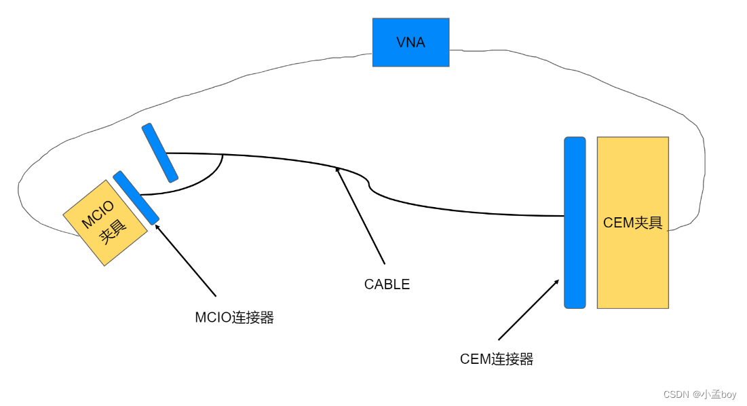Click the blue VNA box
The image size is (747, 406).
(x=410, y=42)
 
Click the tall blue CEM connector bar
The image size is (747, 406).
(x=574, y=223)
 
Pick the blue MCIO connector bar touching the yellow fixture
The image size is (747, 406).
(x=136, y=198)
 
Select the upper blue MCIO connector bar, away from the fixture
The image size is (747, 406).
(x=160, y=153)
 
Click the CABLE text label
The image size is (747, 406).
(x=387, y=284)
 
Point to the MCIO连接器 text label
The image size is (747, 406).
(x=234, y=318)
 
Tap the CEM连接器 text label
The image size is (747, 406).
(x=497, y=359)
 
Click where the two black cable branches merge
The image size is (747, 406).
(x=223, y=155)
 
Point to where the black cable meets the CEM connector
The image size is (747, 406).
(x=563, y=216)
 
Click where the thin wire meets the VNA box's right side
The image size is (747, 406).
(x=450, y=50)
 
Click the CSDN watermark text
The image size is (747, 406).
(x=700, y=394)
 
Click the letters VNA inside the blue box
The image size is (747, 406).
(x=410, y=42)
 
